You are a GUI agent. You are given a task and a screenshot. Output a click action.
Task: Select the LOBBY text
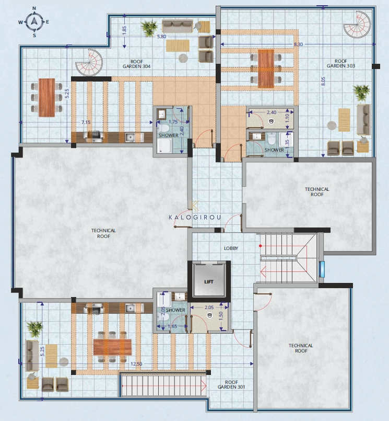click(231, 248)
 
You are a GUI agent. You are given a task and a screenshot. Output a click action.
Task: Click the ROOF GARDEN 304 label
click(136, 64)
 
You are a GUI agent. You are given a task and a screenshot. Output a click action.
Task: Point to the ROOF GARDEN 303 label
click(340, 63)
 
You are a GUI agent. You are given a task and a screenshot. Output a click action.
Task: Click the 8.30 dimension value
click(298, 44)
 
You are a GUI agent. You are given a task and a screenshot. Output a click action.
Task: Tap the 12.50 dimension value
click(137, 363)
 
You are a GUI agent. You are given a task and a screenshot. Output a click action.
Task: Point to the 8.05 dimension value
click(323, 82)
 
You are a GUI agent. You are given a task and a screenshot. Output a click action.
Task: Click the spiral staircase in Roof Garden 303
click(356, 24)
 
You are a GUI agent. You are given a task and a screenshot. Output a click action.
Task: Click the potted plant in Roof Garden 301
click(35, 328)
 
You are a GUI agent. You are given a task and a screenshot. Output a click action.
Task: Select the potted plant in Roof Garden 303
click(361, 93)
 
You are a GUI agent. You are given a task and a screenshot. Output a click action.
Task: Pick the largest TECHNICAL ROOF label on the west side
click(103, 233)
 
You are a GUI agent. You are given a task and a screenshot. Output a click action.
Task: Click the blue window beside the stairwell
click(322, 268)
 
